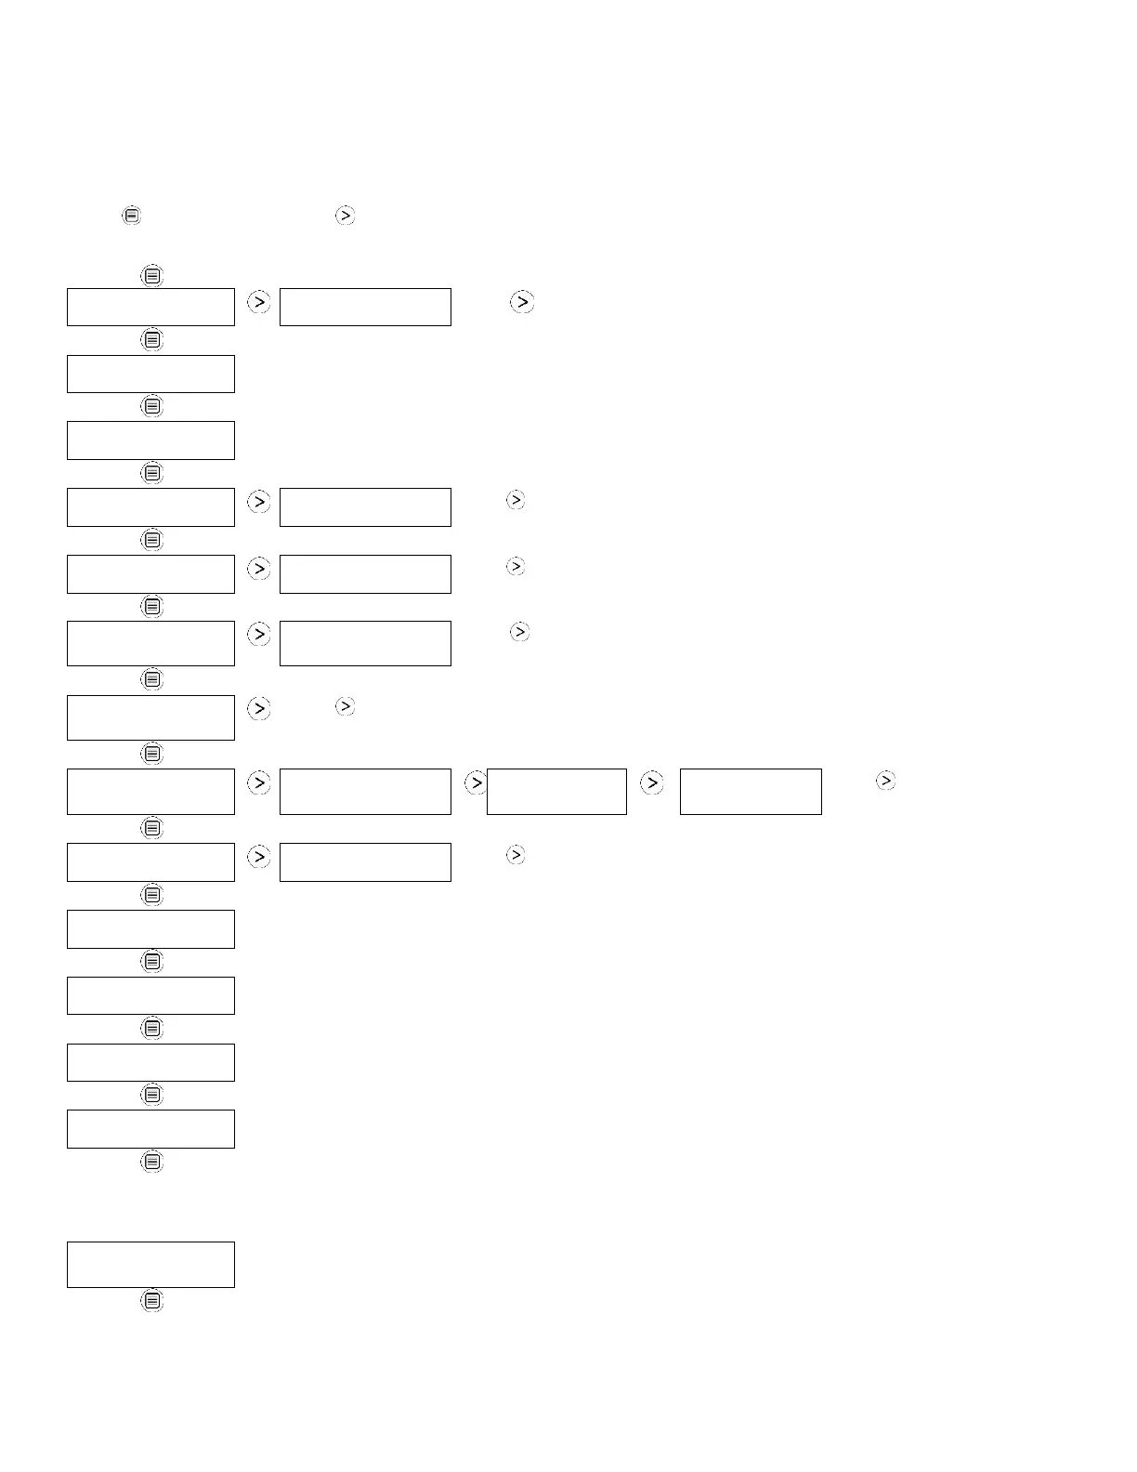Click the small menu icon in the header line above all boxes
pos(132,216)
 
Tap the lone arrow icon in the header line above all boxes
pos(345,216)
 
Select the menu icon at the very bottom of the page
pos(152,1301)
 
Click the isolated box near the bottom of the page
pos(150,1264)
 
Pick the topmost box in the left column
pos(150,307)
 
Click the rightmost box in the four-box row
pos(751,791)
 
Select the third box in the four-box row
pos(556,791)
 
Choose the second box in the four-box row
pos(365,791)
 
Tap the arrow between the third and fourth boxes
pos(652,783)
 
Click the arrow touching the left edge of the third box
pos(476,783)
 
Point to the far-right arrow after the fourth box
pos(886,781)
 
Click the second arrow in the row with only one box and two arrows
pos(345,707)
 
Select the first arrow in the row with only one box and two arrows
pos(259,708)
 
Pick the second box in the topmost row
pos(365,307)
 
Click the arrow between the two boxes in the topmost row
pos(259,302)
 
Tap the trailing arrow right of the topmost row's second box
pos(522,302)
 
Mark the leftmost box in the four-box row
pos(150,791)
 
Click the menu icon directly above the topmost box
pos(152,276)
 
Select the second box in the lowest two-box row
pos(365,861)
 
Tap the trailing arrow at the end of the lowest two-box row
pos(516,854)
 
